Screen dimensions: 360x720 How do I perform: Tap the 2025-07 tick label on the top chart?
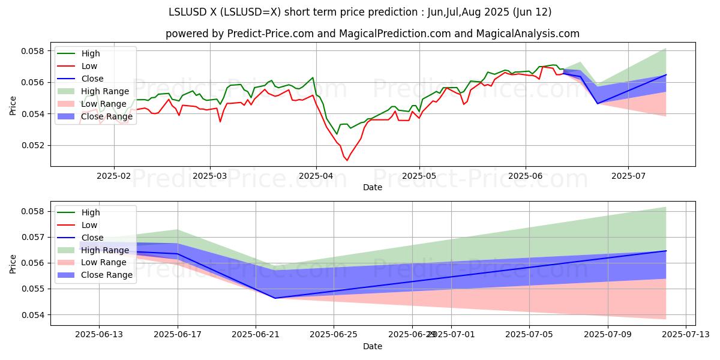pyautogui.click(x=628, y=175)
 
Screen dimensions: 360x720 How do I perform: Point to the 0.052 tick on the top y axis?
pyautogui.click(x=34, y=145)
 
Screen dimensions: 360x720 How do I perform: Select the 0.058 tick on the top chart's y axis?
pyautogui.click(x=34, y=51)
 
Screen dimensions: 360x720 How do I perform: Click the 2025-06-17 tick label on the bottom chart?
pyautogui.click(x=178, y=335)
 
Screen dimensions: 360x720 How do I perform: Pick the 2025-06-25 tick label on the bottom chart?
pyautogui.click(x=334, y=335)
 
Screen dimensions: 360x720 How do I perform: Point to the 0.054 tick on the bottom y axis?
pyautogui.click(x=34, y=314)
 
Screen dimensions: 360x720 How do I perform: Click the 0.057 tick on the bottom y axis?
pyautogui.click(x=34, y=237)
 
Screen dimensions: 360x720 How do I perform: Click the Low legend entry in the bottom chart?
pyautogui.click(x=89, y=225)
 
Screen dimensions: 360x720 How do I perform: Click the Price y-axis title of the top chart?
pyautogui.click(x=13, y=106)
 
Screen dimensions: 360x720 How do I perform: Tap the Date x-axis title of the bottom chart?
pyautogui.click(x=372, y=347)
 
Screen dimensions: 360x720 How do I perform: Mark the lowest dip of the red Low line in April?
pyautogui.click(x=347, y=160)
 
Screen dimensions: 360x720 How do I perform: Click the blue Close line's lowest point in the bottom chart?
pyautogui.click(x=275, y=298)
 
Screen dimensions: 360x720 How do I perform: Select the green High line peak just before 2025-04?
pyautogui.click(x=313, y=77)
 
